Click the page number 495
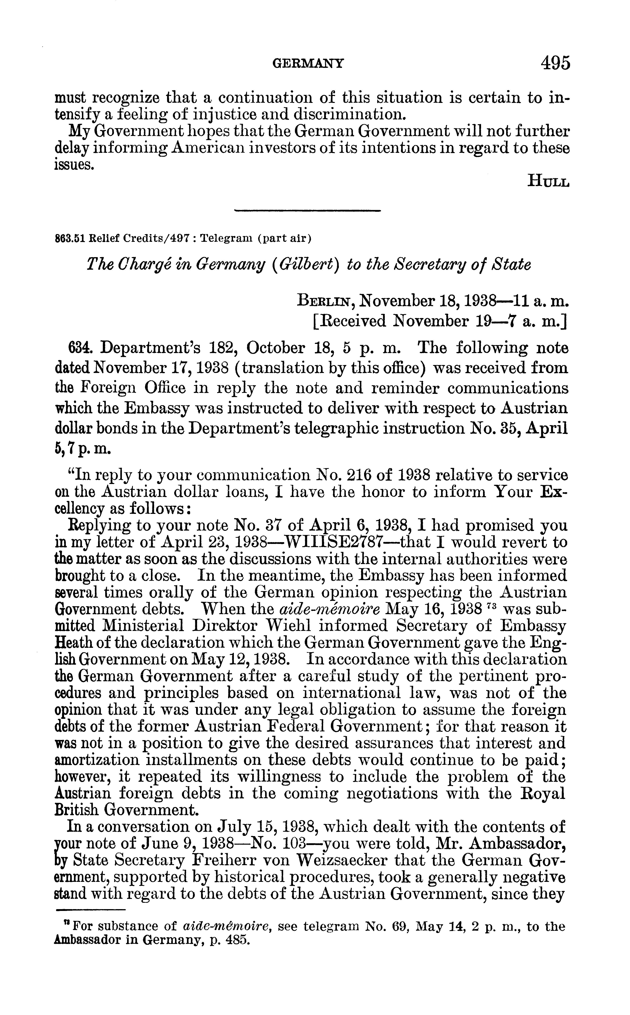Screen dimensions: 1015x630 tap(555, 63)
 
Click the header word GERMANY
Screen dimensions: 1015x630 tap(308, 63)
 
